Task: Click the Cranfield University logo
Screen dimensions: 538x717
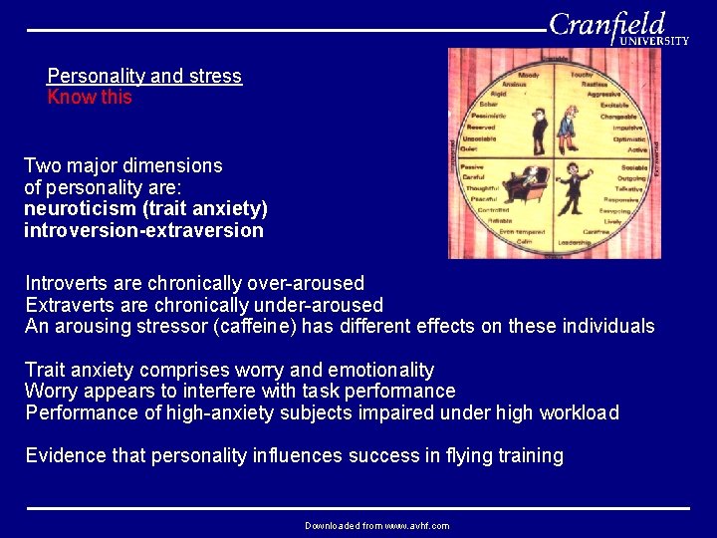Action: pos(617,27)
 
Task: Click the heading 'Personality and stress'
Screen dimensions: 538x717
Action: pos(144,76)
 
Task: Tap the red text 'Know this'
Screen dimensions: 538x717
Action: pos(90,98)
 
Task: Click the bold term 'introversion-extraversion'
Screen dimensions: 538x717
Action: pos(143,230)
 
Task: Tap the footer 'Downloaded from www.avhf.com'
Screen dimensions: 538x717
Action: pos(376,526)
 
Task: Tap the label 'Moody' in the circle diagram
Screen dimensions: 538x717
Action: pos(529,76)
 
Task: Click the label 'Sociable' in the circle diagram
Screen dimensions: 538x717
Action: pos(633,168)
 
